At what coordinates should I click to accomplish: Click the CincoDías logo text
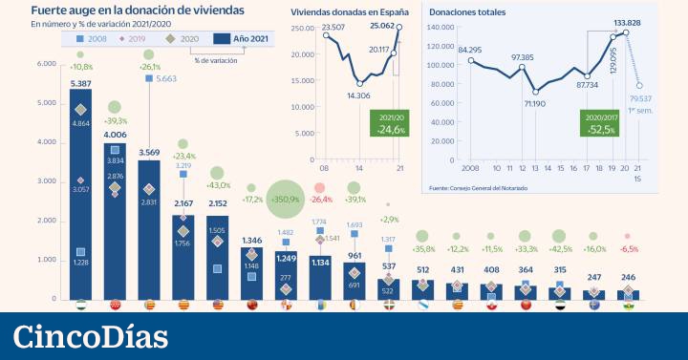click(x=91, y=336)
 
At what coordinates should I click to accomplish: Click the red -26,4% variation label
click(x=319, y=200)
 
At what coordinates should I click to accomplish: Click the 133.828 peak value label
click(x=627, y=22)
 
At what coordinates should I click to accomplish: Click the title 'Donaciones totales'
click(x=467, y=12)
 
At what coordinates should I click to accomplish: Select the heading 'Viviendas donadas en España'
click(x=350, y=12)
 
